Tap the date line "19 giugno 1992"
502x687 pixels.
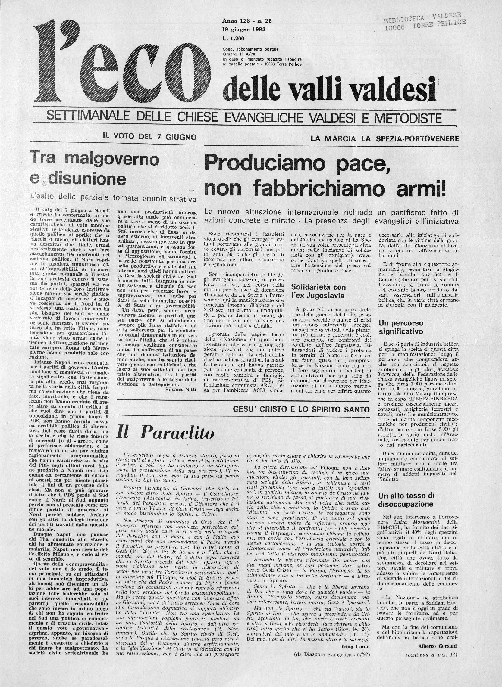244,30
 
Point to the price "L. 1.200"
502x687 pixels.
235,38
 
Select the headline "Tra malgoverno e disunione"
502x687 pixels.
94,169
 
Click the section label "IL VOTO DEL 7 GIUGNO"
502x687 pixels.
149,137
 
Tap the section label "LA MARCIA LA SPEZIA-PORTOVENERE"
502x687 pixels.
384,139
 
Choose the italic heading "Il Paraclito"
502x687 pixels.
165,434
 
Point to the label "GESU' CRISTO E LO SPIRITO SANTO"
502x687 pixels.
301,409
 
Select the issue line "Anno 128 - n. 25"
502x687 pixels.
247,21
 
